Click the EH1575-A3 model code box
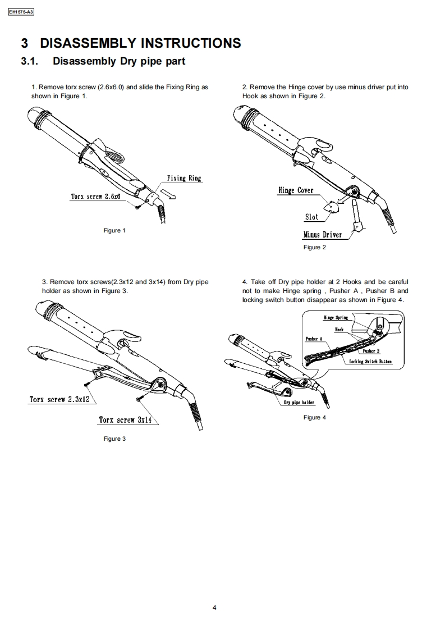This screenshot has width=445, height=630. [21, 12]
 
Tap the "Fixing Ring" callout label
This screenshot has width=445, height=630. [183, 178]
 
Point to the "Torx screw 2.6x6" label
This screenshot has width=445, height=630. [95, 197]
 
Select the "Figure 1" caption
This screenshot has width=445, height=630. [114, 231]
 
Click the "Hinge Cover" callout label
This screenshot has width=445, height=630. [295, 190]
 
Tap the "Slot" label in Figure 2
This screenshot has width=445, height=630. [311, 217]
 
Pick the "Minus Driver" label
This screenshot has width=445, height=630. [322, 235]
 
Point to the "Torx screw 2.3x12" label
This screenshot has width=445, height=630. [59, 400]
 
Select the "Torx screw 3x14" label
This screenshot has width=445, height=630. [125, 419]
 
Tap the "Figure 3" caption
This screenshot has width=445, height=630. [114, 439]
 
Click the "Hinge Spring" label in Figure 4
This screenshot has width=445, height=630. [336, 318]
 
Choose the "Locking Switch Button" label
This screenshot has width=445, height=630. [370, 362]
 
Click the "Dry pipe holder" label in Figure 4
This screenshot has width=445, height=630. [299, 403]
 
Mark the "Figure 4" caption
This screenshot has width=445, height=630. [314, 417]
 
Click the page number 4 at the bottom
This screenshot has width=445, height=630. [214, 607]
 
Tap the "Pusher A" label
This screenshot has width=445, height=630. [313, 339]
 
